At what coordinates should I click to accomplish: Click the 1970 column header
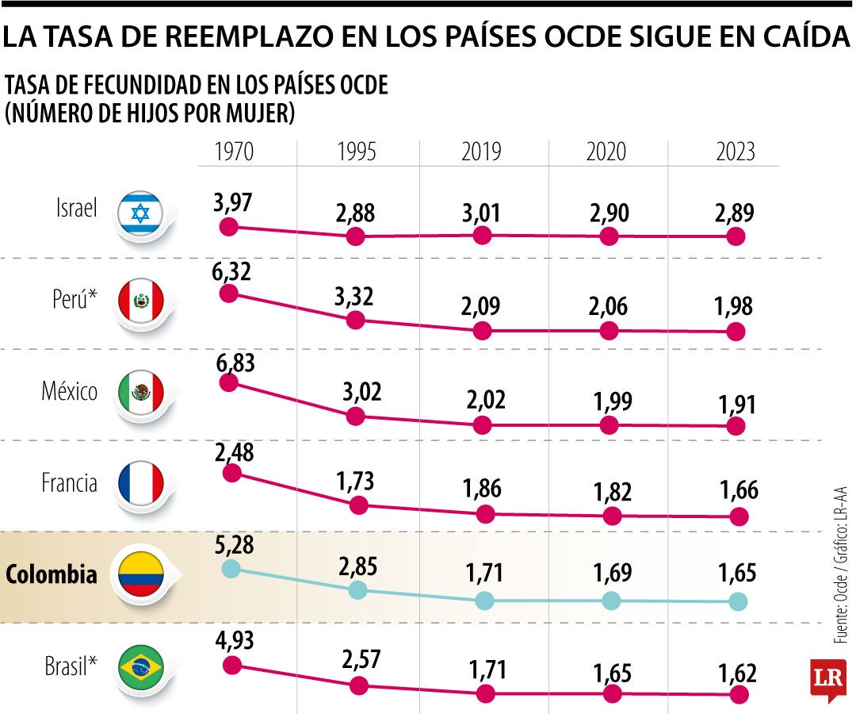(234, 152)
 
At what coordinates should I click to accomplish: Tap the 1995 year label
(357, 152)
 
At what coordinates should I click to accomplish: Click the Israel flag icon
(140, 213)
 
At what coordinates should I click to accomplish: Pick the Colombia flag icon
(140, 575)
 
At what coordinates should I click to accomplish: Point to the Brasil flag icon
(140, 669)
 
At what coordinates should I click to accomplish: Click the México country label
(69, 392)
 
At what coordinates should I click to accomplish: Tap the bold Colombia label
(52, 575)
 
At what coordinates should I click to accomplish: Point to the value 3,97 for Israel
(231, 203)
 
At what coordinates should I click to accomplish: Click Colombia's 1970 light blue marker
(231, 568)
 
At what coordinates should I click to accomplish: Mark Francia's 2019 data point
(483, 514)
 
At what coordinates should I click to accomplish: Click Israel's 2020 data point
(610, 236)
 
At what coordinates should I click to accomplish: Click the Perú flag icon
(140, 301)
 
